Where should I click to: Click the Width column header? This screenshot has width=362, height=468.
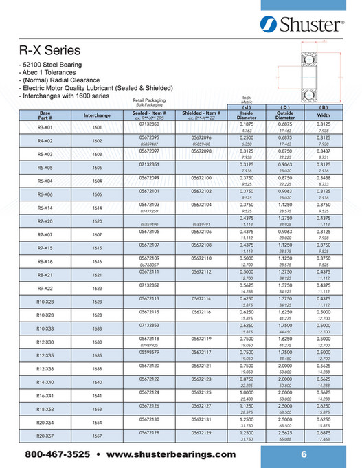(x=324, y=115)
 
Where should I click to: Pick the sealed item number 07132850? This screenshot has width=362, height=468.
(x=149, y=124)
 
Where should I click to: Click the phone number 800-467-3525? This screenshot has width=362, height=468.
(x=58, y=455)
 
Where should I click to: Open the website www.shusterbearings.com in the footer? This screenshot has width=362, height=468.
(x=171, y=455)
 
